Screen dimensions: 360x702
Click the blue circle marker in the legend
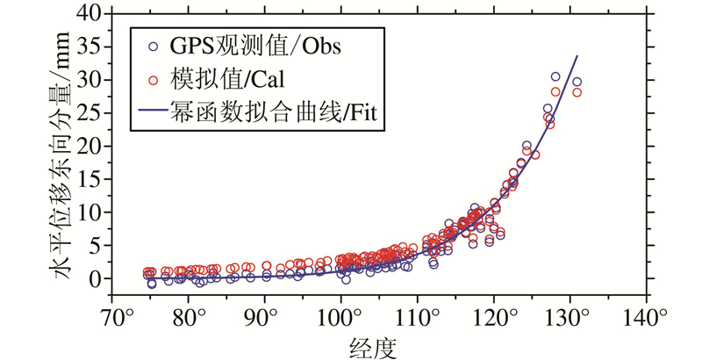[x=155, y=47]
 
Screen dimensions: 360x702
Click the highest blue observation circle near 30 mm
[x=555, y=77]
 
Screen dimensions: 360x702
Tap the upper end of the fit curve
[x=577, y=56]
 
